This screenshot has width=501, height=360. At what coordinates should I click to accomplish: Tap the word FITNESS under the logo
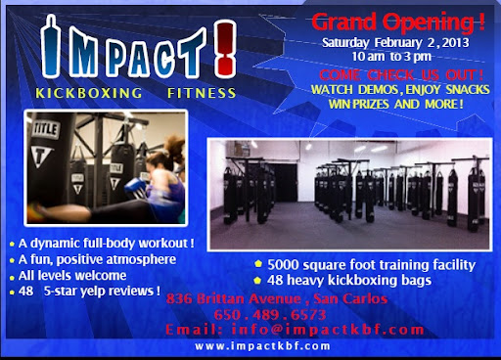200,94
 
